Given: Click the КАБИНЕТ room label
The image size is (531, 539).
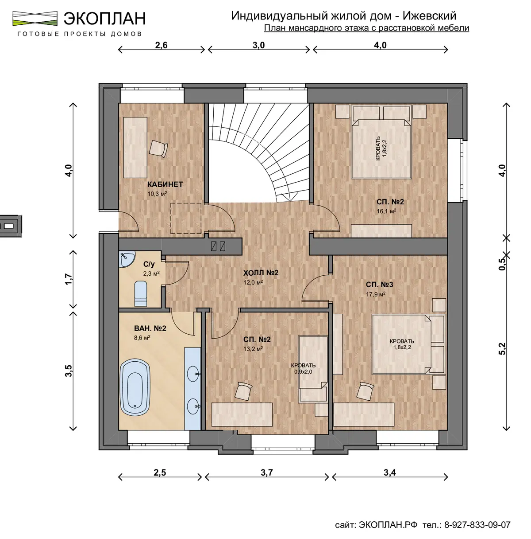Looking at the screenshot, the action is click(165, 184).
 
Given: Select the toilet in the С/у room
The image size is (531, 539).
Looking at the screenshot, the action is click(141, 294).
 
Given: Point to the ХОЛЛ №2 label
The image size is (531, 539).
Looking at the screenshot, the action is click(261, 273).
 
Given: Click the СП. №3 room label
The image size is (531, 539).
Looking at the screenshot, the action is click(380, 285).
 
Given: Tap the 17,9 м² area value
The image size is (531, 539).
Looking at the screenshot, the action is click(376, 294).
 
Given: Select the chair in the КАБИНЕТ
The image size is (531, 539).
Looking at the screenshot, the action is click(158, 148).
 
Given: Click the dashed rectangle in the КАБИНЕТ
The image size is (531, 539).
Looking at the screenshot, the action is click(186, 219).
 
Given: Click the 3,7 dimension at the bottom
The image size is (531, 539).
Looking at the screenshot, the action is click(267, 473).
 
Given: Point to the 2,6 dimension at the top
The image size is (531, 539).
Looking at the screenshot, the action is click(161, 45).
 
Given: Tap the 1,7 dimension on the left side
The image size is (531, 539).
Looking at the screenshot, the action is click(69, 279).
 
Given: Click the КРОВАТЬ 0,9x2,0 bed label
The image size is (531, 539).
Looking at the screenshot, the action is click(304, 368).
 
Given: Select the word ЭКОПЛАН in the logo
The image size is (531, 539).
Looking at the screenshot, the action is click(105, 19).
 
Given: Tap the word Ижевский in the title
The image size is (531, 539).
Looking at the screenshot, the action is click(429, 16).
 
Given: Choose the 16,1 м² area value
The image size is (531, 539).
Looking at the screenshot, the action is click(386, 211).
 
